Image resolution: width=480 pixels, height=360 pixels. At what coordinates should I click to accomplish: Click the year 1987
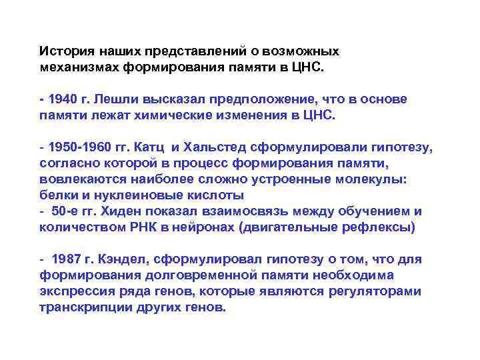(69, 259)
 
